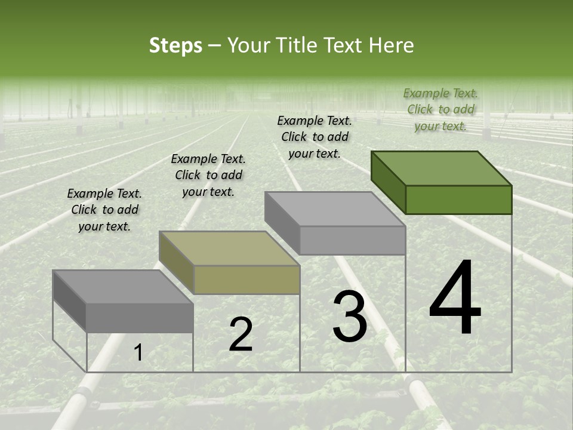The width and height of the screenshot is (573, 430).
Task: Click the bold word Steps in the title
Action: (x=175, y=45)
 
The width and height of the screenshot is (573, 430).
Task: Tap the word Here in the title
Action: (x=391, y=45)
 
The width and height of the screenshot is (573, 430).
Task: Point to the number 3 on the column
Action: (x=350, y=317)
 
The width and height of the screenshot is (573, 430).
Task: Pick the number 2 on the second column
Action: (x=241, y=334)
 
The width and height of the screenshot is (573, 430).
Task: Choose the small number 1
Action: (x=138, y=353)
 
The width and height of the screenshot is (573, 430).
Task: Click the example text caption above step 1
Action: (x=104, y=210)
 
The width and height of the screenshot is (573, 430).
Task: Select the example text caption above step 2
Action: (x=208, y=175)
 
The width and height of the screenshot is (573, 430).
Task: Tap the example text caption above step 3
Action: (x=315, y=137)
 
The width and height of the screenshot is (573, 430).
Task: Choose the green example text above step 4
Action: (x=440, y=109)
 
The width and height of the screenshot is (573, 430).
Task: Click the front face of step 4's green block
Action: (x=458, y=199)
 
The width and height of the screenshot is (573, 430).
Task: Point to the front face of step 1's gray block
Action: (x=140, y=318)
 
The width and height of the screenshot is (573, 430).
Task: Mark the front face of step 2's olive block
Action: (x=247, y=279)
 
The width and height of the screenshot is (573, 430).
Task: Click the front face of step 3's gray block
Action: (x=352, y=240)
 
